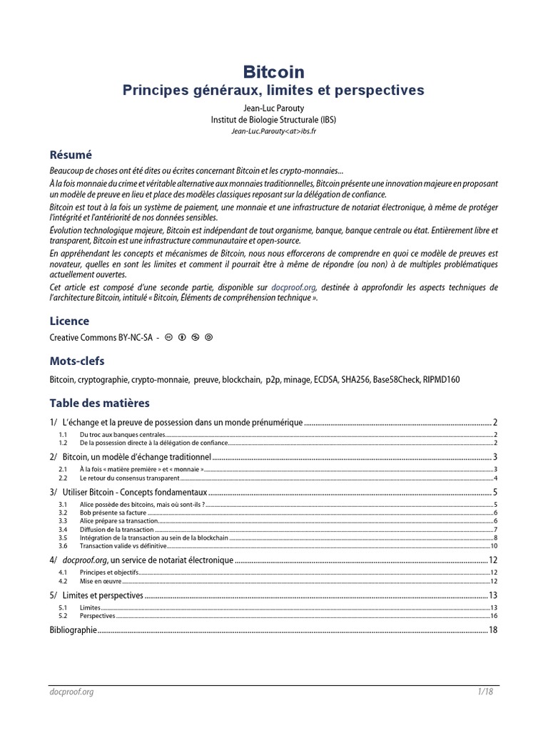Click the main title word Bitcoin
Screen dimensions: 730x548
pyautogui.click(x=274, y=71)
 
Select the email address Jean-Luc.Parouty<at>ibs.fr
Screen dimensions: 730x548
pyautogui.click(x=274, y=131)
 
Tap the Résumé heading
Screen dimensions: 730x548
pyautogui.click(x=71, y=155)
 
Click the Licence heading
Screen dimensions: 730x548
pyautogui.click(x=69, y=322)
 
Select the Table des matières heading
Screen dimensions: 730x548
pyautogui.click(x=100, y=403)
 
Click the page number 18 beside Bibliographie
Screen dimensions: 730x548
pyautogui.click(x=492, y=630)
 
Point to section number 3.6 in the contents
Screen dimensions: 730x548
pyautogui.click(x=62, y=546)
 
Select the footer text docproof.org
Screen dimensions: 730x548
pyautogui.click(x=71, y=692)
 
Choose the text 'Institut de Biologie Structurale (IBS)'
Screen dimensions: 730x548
pyautogui.click(x=274, y=119)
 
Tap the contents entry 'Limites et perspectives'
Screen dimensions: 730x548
pyautogui.click(x=103, y=595)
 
